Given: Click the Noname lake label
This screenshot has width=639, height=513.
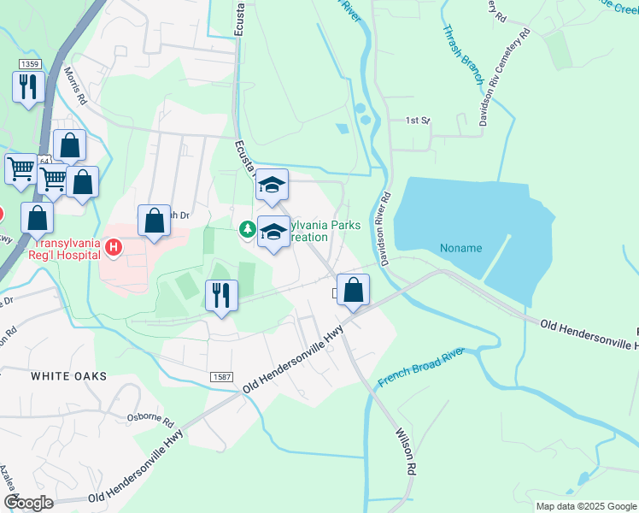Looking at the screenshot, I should point(460,249).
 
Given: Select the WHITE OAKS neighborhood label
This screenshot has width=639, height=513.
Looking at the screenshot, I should point(69,376).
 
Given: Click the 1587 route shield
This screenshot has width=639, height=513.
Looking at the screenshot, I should point(220,377).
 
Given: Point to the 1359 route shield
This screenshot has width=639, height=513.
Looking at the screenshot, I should point(29,64).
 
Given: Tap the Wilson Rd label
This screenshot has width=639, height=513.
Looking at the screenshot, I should point(404,451).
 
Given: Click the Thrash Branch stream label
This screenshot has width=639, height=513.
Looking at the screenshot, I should point(462,55).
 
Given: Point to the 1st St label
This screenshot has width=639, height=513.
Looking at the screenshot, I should point(417,121).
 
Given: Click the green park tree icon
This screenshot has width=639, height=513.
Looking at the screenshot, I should point(247,228).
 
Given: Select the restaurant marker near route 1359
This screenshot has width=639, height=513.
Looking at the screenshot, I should point(28,86).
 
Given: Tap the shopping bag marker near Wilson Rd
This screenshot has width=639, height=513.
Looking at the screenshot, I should point(353,289).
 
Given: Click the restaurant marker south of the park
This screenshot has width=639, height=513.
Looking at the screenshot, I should point(221,296).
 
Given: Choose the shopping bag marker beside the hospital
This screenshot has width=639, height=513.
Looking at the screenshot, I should point(154,221).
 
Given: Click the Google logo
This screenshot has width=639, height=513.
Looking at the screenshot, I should point(28,503).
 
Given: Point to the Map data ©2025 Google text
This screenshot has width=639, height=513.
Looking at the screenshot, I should point(585,506).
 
